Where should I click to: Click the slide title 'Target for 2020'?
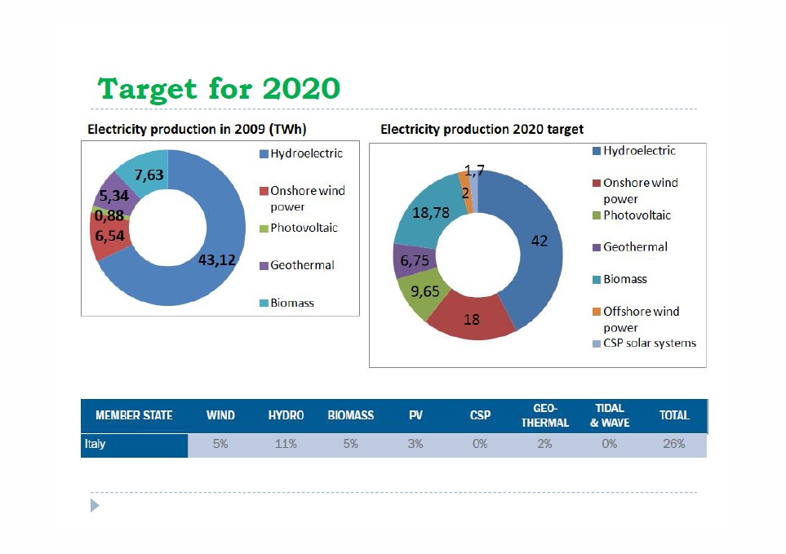coord(218,88)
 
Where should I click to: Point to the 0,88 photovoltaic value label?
coord(109,216)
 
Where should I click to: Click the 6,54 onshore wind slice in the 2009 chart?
coord(109,237)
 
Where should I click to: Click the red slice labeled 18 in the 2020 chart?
coord(472,319)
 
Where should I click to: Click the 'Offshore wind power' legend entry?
coord(641,319)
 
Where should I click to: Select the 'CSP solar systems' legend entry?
coord(649,343)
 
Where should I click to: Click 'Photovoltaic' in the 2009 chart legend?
coord(304,228)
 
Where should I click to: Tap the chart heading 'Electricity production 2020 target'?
coord(482,129)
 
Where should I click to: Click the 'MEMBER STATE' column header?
coord(134,415)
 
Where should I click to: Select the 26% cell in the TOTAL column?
coord(673,445)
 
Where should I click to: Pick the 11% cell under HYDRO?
coord(286,445)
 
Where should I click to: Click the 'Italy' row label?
coord(95,445)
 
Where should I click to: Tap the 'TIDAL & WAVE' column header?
coord(610,415)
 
